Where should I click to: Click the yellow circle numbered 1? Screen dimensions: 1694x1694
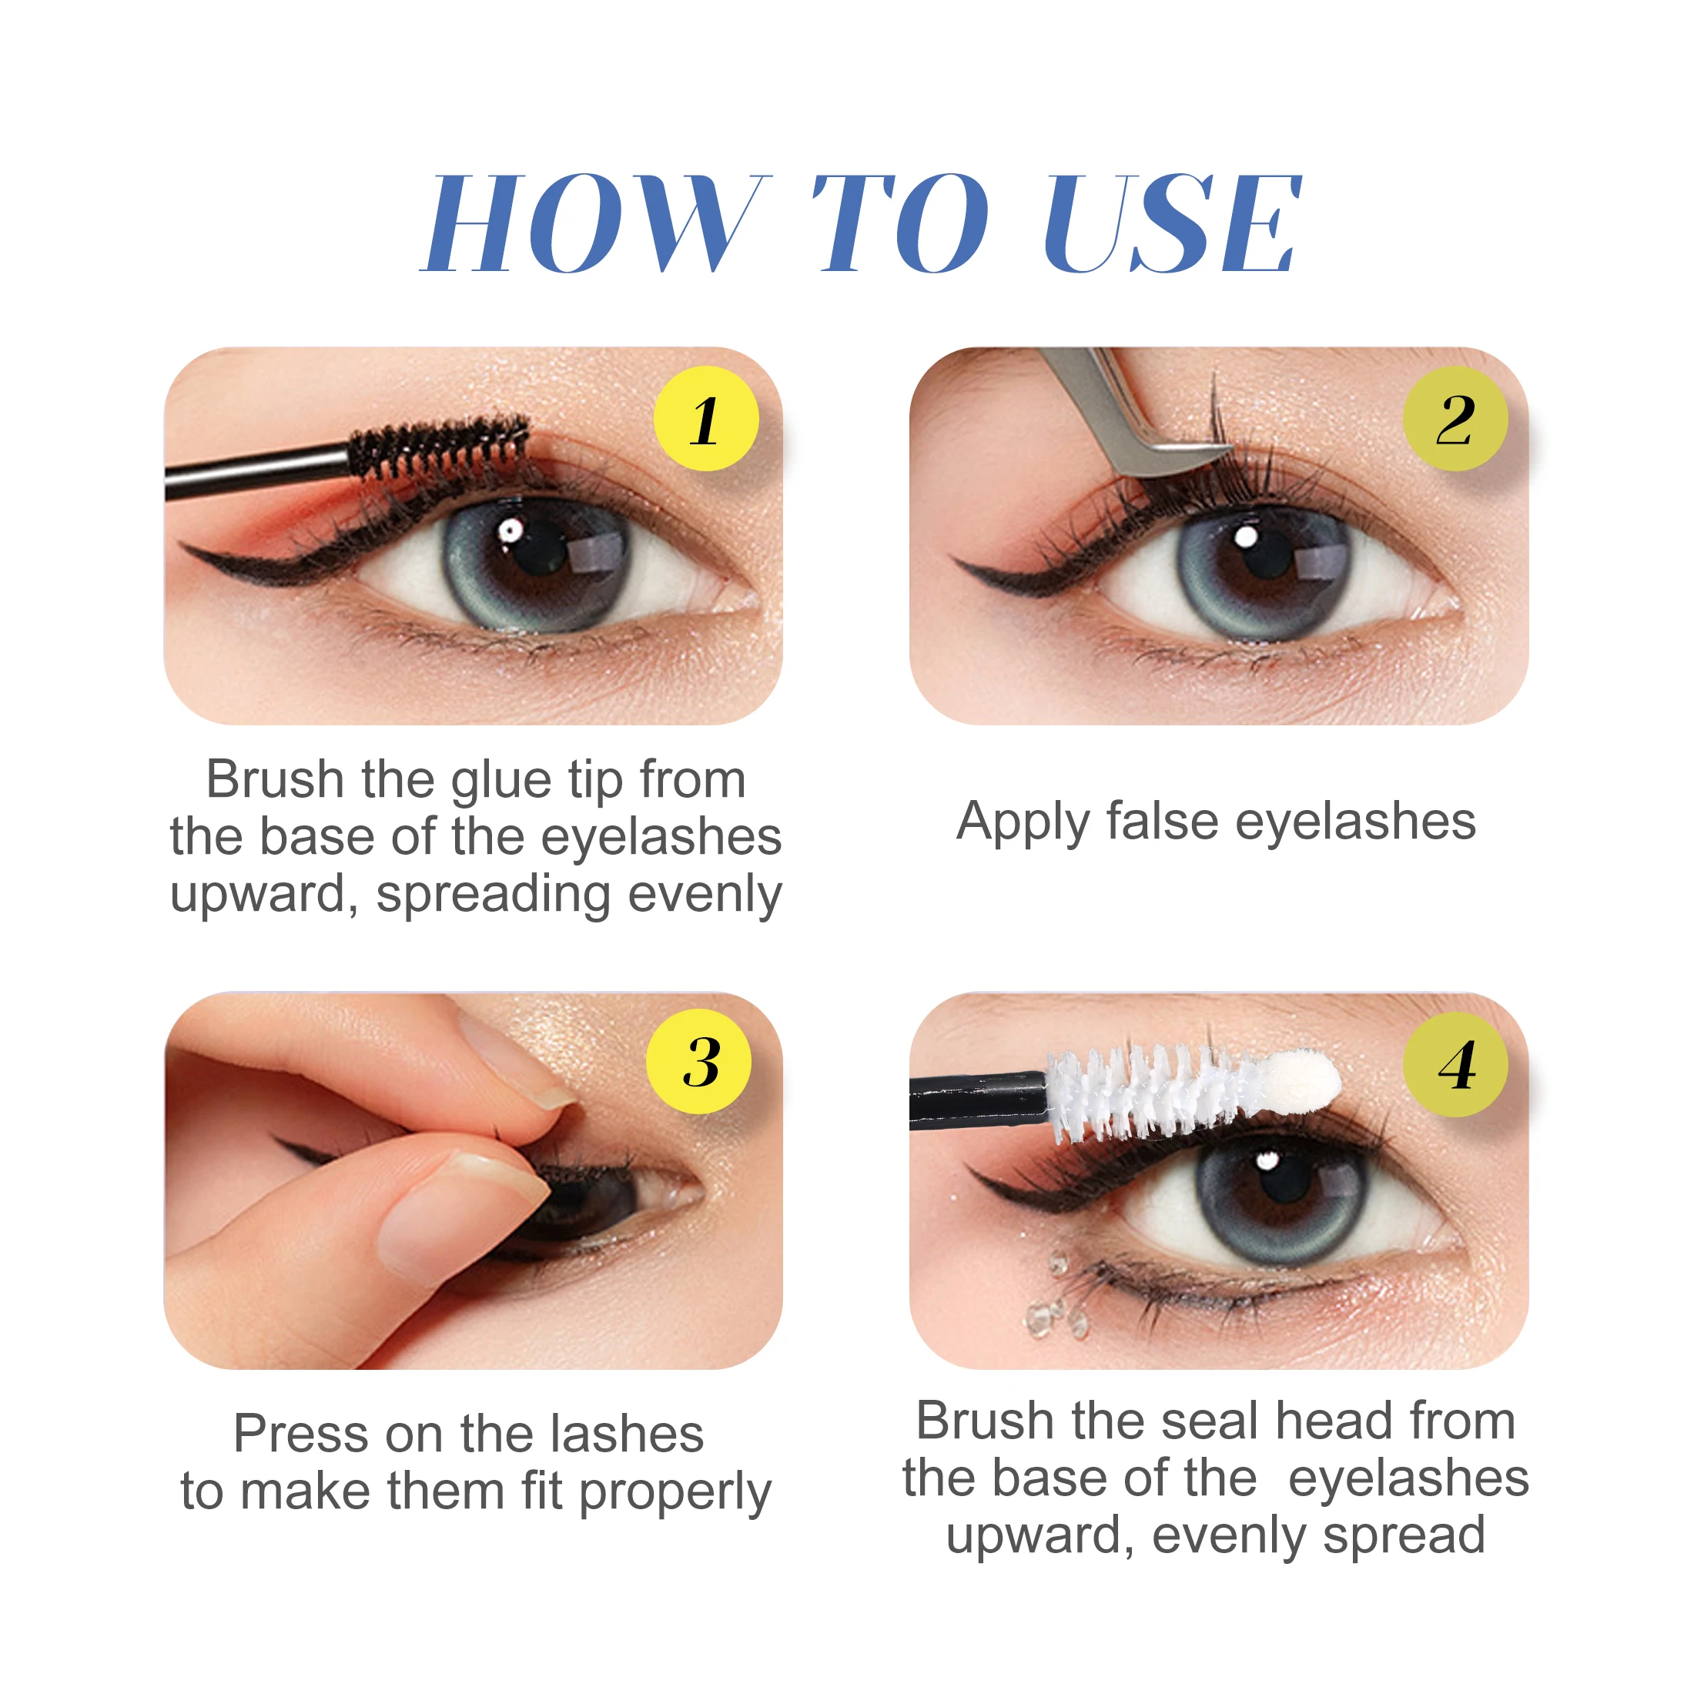(706, 419)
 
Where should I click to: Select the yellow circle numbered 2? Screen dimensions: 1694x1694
(1455, 419)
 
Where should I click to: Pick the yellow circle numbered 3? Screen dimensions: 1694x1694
(699, 1062)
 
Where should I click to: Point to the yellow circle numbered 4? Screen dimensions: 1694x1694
(1455, 1064)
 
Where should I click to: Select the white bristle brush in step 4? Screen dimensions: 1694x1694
(1149, 1092)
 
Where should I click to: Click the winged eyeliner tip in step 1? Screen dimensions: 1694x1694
(189, 547)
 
